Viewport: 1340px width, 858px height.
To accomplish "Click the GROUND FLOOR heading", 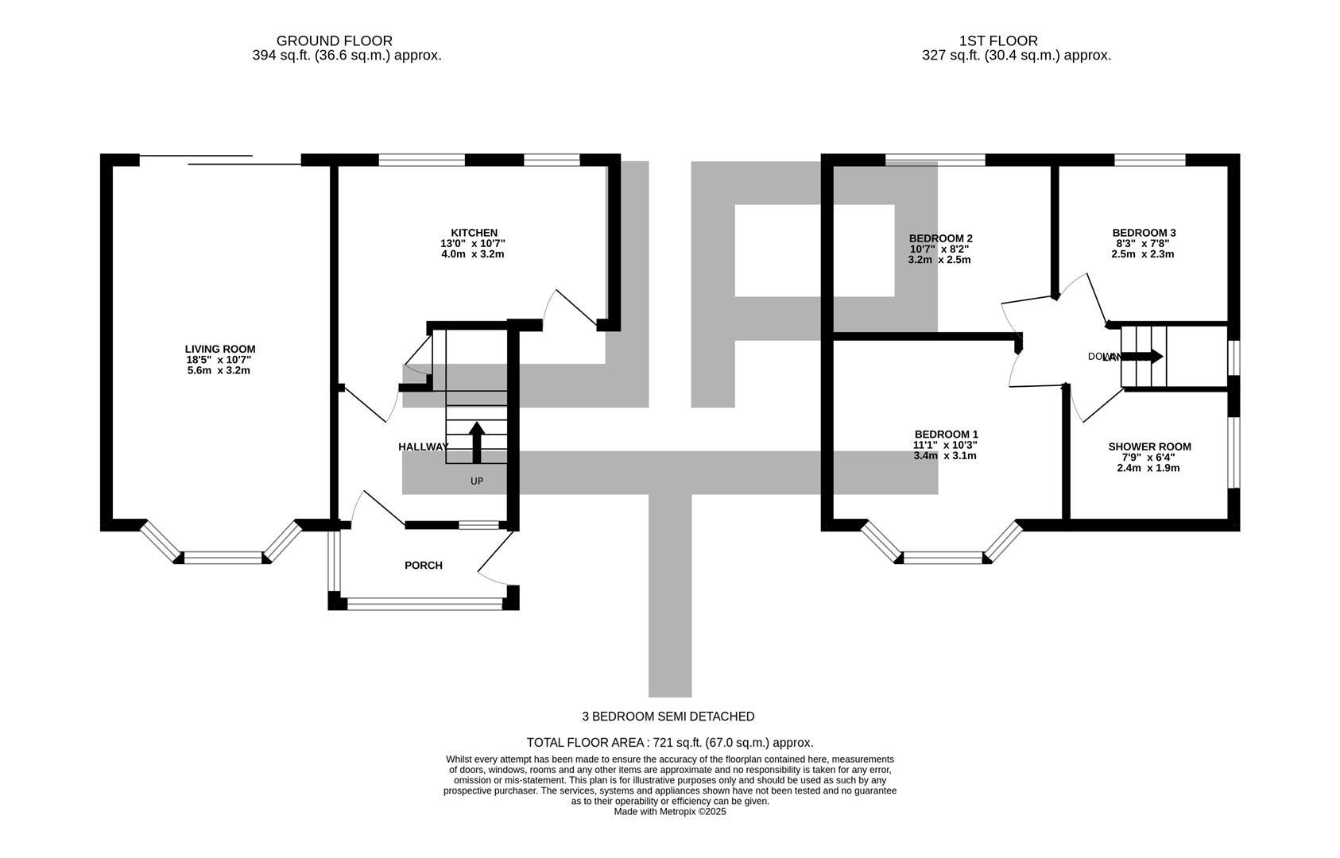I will click(x=334, y=41).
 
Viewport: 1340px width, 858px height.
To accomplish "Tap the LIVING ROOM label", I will click(x=220, y=349).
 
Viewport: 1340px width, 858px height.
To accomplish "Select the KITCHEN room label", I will click(x=474, y=233).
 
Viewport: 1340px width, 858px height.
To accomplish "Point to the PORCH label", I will click(x=424, y=566).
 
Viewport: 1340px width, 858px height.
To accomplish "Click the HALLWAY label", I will click(x=423, y=447).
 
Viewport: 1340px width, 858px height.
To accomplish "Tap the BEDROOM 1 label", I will click(x=946, y=434).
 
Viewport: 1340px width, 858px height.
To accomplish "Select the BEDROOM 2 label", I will click(x=940, y=238).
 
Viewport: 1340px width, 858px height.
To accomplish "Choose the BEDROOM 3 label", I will click(x=1144, y=233).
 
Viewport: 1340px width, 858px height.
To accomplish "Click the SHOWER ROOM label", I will click(x=1149, y=447).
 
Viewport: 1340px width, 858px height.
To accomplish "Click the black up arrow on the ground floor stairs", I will click(x=477, y=443).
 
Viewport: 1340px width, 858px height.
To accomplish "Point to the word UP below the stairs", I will click(x=477, y=481).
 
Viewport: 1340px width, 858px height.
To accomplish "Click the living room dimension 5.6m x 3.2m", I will click(x=220, y=371).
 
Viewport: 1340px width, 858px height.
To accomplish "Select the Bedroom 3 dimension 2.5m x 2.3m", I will click(x=1143, y=255).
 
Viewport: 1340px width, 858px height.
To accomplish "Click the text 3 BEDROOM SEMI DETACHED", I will click(x=668, y=717).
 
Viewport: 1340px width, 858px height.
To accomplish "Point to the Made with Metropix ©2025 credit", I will click(x=670, y=812).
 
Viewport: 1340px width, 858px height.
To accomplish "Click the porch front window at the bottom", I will click(x=425, y=605).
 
